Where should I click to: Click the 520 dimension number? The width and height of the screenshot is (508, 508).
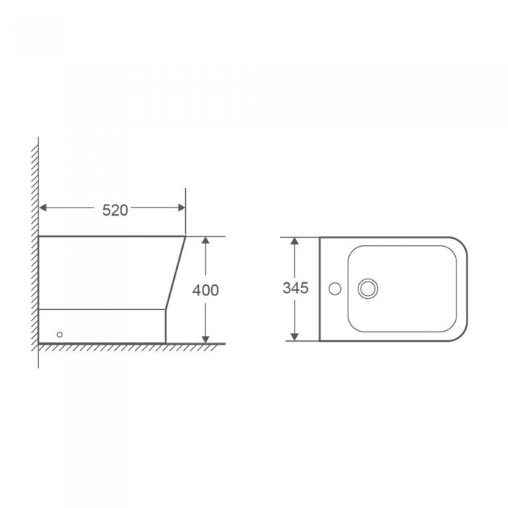tap(115, 210)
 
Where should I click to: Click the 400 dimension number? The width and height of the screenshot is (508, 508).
tap(205, 290)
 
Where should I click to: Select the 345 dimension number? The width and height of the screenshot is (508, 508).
tap(295, 288)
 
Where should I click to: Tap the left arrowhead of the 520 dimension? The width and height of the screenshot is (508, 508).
tap(43, 208)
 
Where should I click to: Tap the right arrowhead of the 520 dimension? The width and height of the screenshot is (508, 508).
tap(181, 208)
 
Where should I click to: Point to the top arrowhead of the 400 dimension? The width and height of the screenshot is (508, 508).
tap(205, 240)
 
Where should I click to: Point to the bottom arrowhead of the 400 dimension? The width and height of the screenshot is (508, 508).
tap(205, 339)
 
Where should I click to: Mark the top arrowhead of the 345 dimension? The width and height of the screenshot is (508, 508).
tap(294, 241)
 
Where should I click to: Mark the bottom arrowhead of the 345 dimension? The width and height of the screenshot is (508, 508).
tap(294, 337)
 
